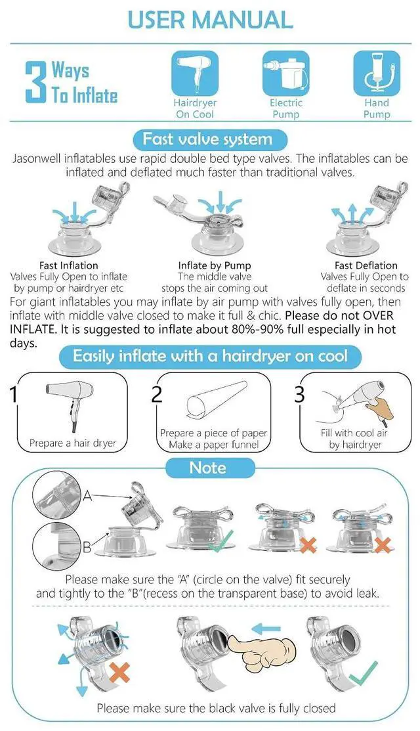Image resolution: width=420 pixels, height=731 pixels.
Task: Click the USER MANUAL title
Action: point(210,20)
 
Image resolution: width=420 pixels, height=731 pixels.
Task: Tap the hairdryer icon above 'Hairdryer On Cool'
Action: point(195,72)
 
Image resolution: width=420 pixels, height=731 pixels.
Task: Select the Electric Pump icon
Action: point(285,72)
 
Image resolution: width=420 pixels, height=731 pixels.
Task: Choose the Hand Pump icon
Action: point(376,72)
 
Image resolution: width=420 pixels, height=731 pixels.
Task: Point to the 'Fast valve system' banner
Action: point(209,139)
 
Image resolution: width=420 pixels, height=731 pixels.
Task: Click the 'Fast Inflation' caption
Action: point(68,265)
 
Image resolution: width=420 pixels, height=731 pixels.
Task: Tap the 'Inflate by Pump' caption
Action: point(214,265)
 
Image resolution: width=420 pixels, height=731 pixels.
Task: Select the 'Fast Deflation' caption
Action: point(366,265)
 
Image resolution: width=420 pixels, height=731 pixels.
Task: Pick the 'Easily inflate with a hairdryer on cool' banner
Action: point(210,357)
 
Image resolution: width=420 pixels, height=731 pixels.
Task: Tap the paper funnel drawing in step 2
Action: point(216,399)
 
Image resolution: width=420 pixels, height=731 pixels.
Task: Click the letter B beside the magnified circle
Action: point(87,547)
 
